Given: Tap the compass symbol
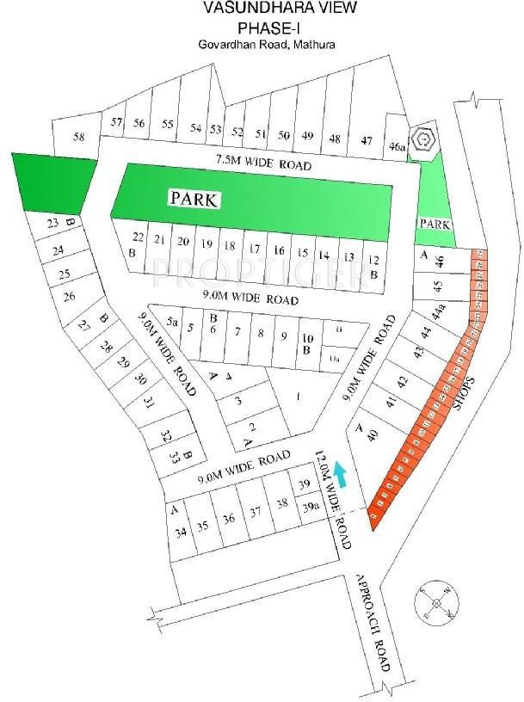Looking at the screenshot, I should (x=437, y=603).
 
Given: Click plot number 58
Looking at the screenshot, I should (x=79, y=137).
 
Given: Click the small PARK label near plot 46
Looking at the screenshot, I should (x=435, y=224).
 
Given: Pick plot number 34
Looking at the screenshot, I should (x=181, y=533).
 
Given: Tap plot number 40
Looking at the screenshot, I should (x=373, y=436).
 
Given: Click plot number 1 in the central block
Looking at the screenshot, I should (x=299, y=397).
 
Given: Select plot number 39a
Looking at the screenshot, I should (x=309, y=508).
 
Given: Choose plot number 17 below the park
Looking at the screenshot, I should (x=254, y=249).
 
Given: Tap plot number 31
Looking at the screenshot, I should (x=149, y=402).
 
